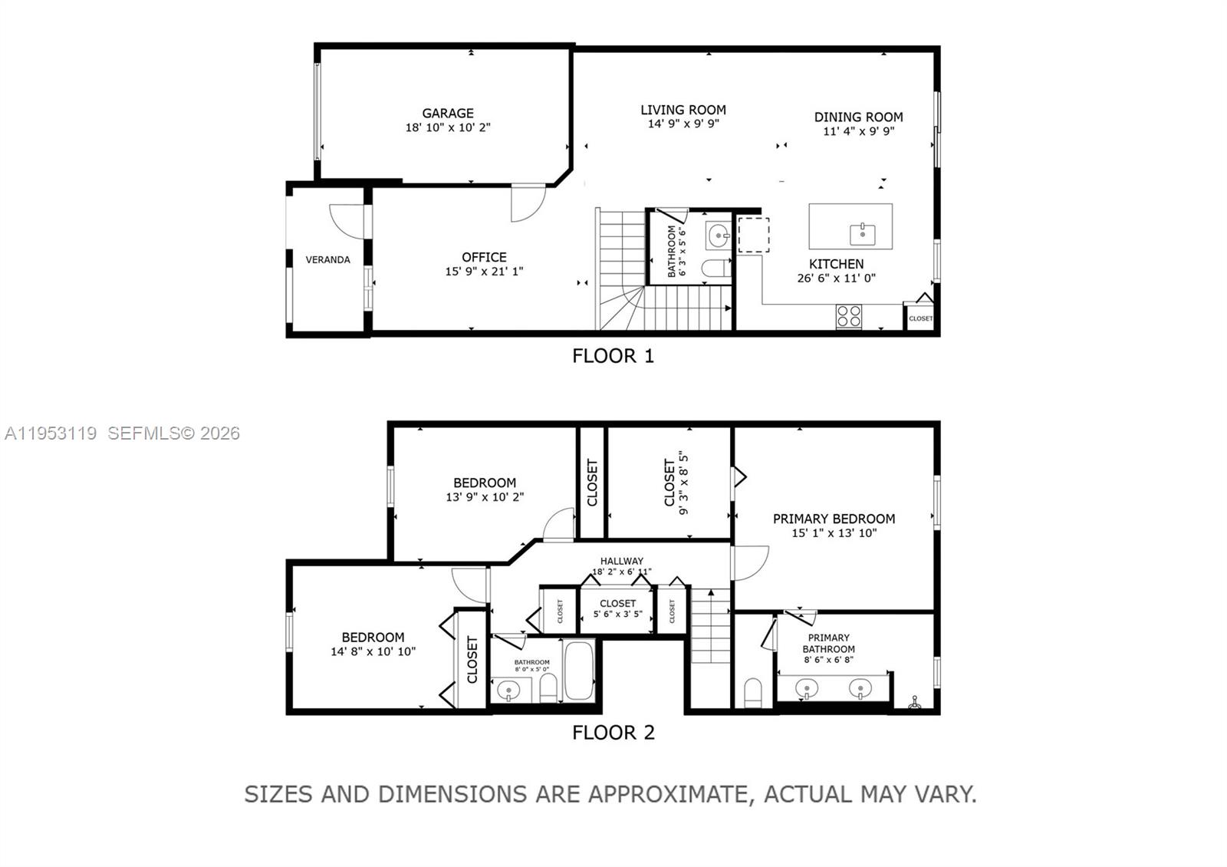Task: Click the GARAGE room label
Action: [x=448, y=113]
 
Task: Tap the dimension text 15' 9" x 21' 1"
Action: [x=484, y=272]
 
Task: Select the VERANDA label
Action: [x=327, y=260]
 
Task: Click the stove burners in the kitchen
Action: [x=849, y=316]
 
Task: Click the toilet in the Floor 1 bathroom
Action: [x=715, y=269]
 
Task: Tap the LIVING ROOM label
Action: [x=683, y=110]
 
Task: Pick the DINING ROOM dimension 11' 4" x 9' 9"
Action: [x=858, y=131]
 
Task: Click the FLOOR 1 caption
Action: [x=613, y=356]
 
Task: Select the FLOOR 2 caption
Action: [x=613, y=733]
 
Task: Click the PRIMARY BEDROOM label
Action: [x=834, y=519]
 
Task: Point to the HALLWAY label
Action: [x=621, y=561]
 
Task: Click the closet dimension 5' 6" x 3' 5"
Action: [x=617, y=615]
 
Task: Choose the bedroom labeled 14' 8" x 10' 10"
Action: [x=373, y=644]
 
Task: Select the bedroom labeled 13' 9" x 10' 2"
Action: [x=484, y=490]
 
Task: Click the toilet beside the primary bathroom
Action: [x=753, y=692]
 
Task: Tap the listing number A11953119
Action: [x=51, y=433]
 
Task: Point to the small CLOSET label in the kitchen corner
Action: [x=920, y=318]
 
